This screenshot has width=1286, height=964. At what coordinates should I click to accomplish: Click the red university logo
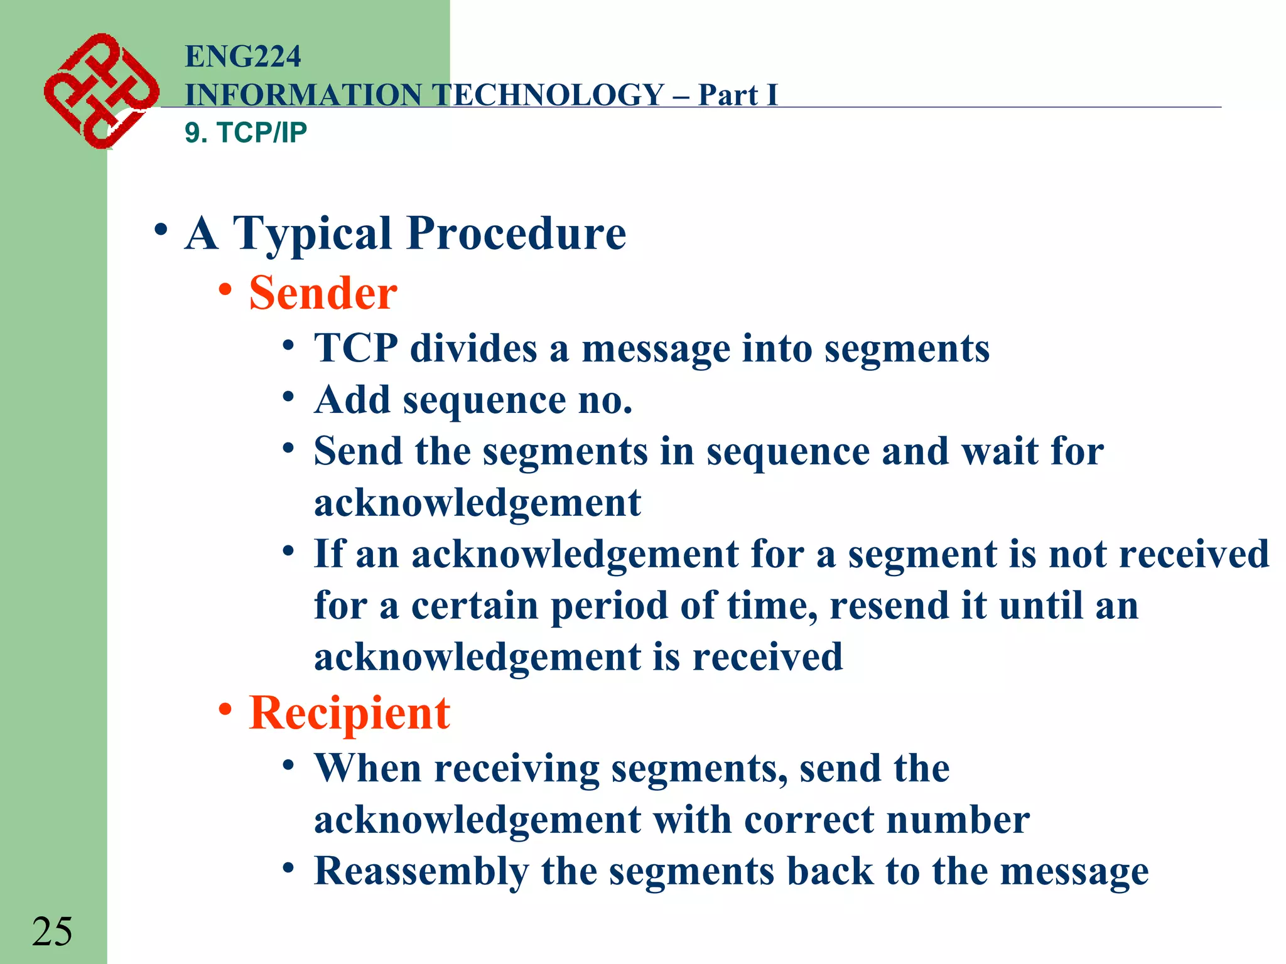100,91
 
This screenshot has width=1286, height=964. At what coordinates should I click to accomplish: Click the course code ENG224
243,56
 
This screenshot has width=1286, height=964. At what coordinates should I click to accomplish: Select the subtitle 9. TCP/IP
246,133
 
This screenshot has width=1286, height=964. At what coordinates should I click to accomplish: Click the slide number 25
52,931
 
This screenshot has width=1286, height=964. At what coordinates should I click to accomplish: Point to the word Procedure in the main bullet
516,233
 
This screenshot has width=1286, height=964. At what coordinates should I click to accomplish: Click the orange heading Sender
323,293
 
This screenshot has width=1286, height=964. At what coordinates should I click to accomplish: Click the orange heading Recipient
349,714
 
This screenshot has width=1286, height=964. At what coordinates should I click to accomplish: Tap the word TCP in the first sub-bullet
355,348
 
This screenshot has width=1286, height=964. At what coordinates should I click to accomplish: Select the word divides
473,348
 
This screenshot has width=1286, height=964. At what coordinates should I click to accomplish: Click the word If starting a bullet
330,554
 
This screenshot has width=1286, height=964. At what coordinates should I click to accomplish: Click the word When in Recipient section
368,768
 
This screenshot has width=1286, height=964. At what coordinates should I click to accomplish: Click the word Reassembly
421,872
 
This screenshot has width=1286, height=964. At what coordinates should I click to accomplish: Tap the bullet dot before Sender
225,290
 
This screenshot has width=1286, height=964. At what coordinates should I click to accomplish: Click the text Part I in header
737,95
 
